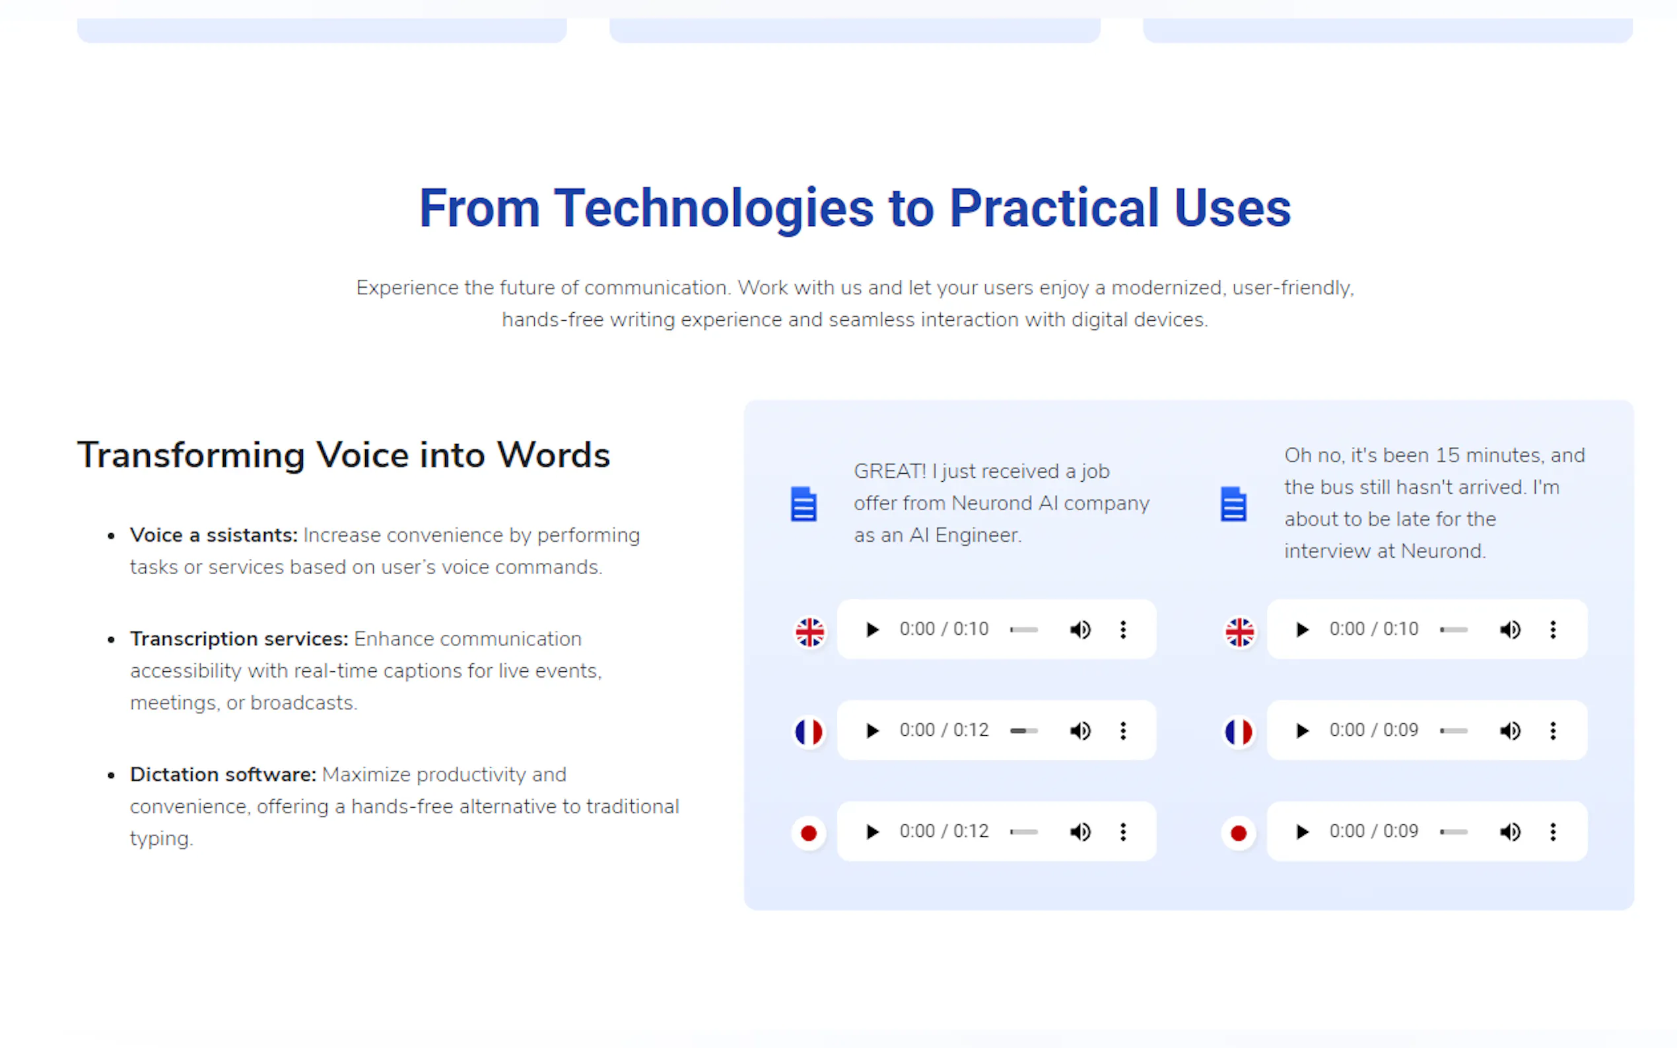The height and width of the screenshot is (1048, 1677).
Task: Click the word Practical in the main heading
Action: [1054, 208]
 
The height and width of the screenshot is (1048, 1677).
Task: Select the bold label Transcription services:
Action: [239, 638]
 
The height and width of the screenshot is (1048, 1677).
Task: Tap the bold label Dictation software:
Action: [223, 774]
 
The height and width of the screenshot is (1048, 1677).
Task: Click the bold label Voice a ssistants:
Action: [213, 535]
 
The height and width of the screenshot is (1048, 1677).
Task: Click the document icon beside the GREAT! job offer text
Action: [804, 504]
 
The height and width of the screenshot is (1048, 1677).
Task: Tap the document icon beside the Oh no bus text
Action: [1233, 504]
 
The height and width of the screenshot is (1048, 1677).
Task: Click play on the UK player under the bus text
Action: [1302, 630]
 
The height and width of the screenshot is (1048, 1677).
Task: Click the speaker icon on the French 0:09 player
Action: [1510, 731]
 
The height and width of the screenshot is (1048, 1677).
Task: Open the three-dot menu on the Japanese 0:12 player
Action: [1123, 832]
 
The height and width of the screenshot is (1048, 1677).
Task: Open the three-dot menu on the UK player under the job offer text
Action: [1123, 630]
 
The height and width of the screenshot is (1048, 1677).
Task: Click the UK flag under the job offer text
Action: [809, 632]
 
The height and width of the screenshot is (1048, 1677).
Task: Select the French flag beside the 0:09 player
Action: [1239, 732]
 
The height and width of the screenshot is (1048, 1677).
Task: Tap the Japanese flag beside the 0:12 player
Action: [808, 832]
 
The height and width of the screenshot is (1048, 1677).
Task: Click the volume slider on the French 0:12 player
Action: [1024, 731]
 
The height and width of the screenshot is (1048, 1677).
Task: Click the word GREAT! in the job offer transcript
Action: [889, 471]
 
